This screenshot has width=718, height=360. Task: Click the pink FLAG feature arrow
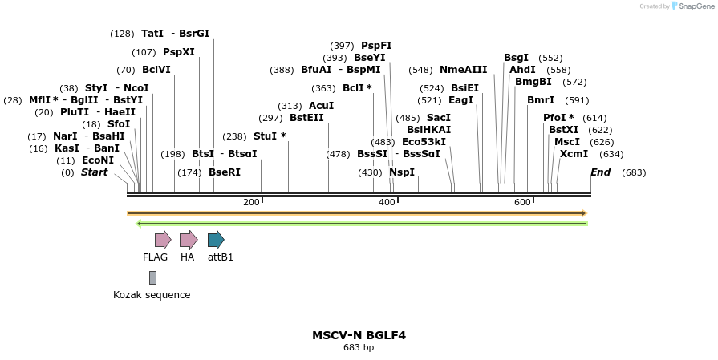[163, 239]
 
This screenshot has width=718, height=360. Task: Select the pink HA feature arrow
[188, 239]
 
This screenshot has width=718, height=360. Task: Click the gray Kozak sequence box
[152, 277]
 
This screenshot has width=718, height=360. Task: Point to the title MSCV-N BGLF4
[359, 334]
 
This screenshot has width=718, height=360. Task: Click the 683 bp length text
[359, 347]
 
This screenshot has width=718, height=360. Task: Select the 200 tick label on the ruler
[251, 202]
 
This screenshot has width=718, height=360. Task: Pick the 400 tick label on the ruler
[387, 202]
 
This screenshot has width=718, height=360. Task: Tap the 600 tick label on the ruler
[522, 202]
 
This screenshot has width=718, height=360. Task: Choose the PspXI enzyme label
[178, 52]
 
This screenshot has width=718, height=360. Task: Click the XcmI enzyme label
[574, 154]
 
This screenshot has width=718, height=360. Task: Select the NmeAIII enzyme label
[463, 70]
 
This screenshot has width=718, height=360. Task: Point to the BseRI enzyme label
[225, 172]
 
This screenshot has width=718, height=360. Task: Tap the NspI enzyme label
[402, 172]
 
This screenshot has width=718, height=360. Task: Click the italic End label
[600, 172]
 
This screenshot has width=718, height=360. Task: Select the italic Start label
[94, 172]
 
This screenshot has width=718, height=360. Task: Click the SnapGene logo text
[695, 6]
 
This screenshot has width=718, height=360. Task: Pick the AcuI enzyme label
[321, 106]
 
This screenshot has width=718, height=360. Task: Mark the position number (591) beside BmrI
[577, 100]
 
